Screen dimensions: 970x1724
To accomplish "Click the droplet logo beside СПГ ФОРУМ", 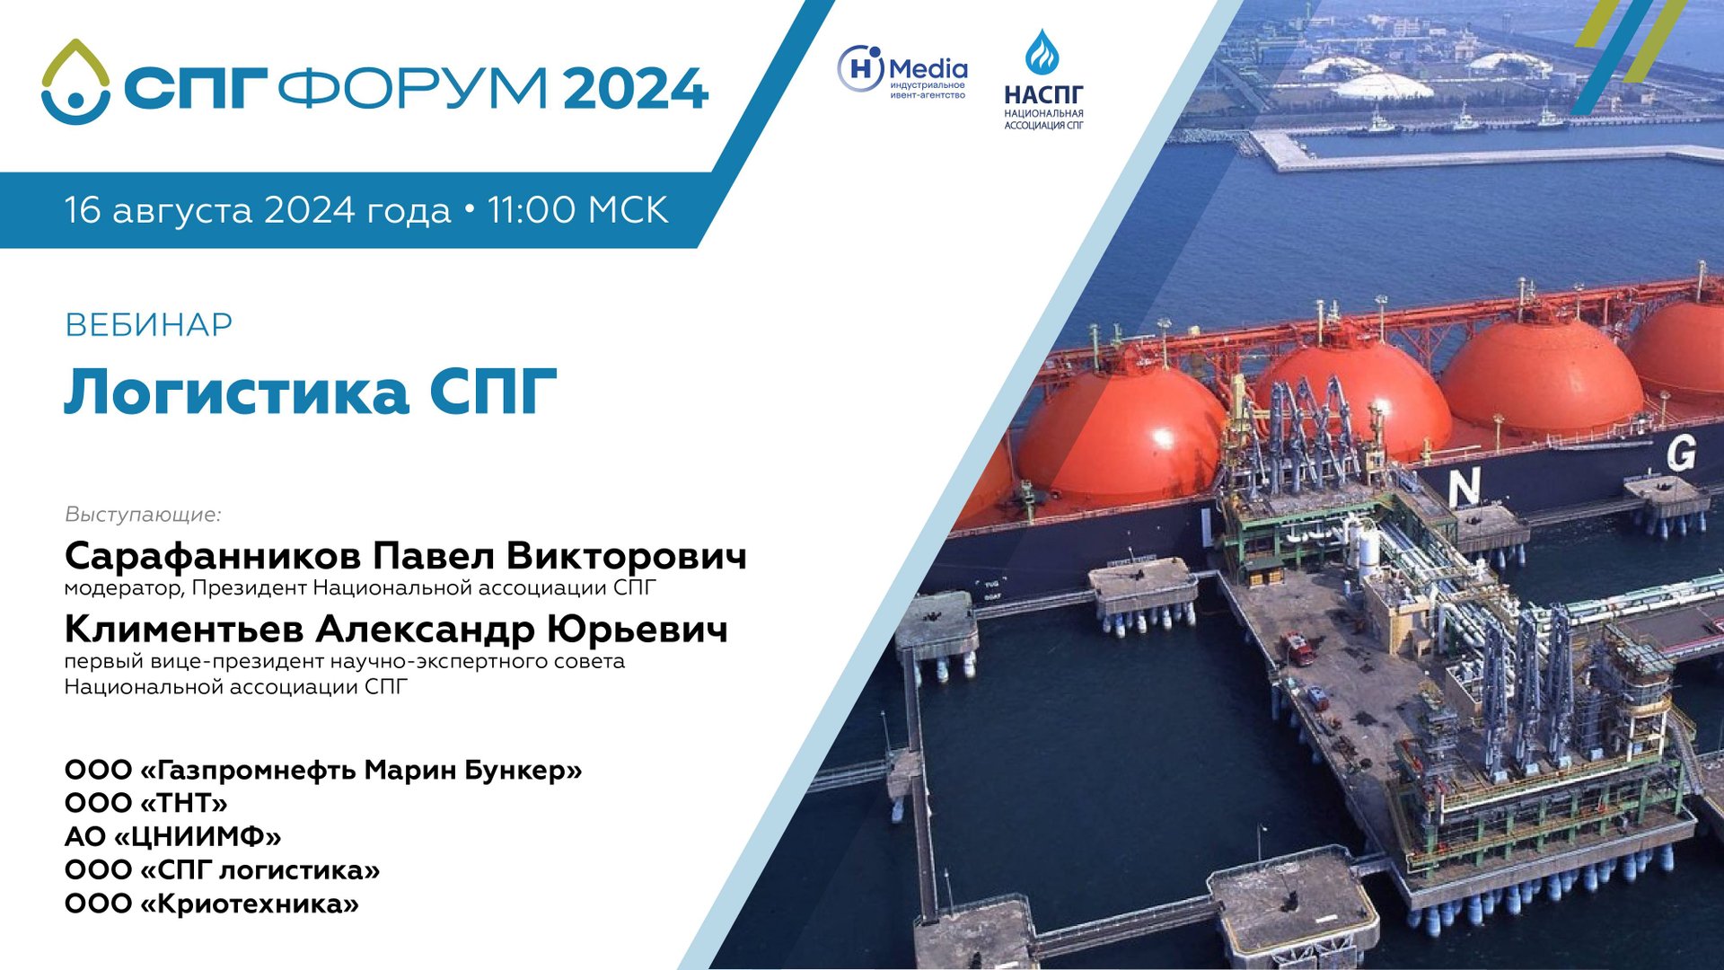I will (75, 83).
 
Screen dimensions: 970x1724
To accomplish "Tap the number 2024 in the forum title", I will (636, 89).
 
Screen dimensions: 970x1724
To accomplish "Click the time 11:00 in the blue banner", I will (532, 210).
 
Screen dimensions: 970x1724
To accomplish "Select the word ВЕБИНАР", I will (149, 325).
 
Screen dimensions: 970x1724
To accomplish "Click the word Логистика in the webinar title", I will (236, 392).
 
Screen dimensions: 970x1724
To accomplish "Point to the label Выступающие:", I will (143, 515).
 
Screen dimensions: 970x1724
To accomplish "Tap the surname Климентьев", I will (184, 630).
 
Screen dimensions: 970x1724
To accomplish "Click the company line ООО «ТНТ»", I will (145, 803).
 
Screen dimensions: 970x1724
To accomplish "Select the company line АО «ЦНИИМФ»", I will (172, 837).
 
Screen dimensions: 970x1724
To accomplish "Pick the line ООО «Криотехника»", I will (211, 904).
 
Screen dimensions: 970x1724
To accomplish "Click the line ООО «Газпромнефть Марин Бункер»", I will (323, 770).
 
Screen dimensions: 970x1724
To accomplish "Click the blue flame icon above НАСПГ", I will (1042, 52).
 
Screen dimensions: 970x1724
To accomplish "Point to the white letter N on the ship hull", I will (1463, 489).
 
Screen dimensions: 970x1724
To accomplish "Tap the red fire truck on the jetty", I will (1297, 647).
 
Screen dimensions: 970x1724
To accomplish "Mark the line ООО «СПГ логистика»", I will (222, 870).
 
